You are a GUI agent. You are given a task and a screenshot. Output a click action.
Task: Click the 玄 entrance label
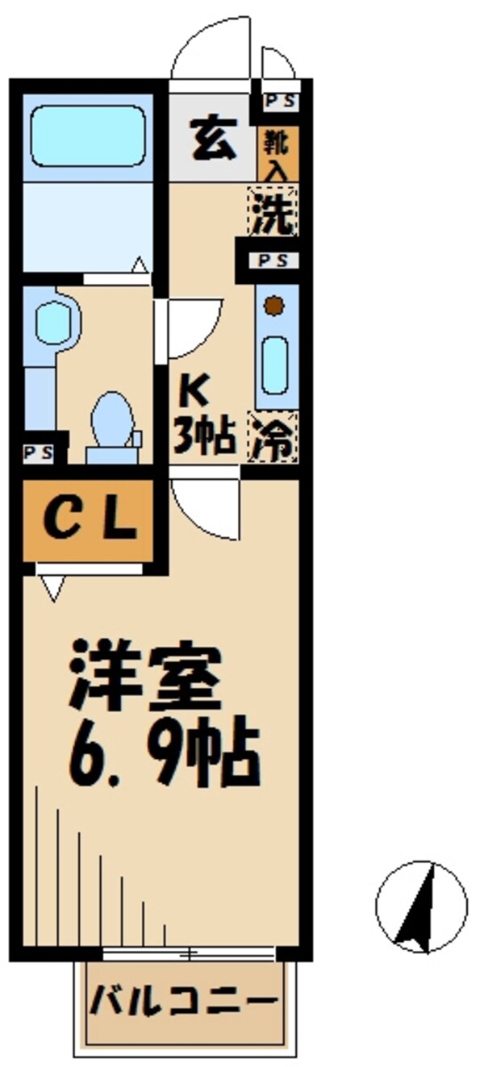(x=213, y=138)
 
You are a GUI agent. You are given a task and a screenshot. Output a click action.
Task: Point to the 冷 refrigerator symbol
(x=273, y=440)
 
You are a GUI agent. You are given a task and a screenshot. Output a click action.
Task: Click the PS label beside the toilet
(x=38, y=452)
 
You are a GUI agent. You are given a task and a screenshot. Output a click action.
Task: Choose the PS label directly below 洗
(x=268, y=260)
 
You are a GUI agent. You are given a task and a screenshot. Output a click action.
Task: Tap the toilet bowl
(x=111, y=422)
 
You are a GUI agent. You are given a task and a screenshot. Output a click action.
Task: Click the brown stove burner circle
(x=275, y=306)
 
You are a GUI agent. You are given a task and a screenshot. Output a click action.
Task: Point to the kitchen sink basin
(x=276, y=366)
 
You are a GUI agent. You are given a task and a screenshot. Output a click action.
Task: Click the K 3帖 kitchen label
(x=205, y=416)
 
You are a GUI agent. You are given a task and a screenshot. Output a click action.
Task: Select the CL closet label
(x=89, y=520)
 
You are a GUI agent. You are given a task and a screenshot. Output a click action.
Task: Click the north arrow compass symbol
(x=421, y=905)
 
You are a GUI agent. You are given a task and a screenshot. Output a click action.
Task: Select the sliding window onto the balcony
(x=190, y=955)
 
